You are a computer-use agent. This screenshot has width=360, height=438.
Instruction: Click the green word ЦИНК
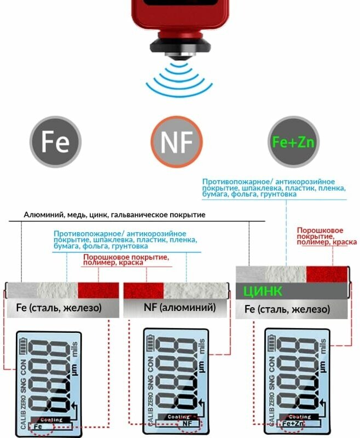[263, 291]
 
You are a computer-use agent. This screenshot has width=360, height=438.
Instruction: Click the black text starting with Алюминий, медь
[114, 215]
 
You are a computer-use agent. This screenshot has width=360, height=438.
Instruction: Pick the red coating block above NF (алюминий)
[144, 290]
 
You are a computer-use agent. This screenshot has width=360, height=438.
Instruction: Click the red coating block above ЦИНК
[327, 274]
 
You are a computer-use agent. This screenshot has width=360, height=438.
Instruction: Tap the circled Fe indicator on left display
[37, 426]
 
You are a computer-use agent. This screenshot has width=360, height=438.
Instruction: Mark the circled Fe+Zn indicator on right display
[293, 423]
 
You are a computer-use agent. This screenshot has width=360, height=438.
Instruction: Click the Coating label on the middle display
[178, 416]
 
